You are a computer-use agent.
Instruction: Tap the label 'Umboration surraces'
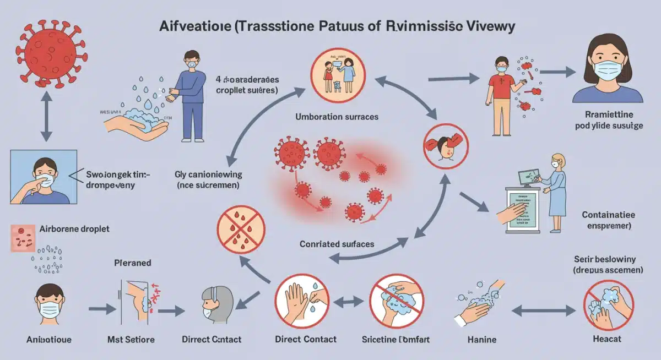tap(337, 117)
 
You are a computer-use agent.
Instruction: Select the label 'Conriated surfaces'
tap(337, 243)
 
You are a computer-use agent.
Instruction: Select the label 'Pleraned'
tap(132, 263)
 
